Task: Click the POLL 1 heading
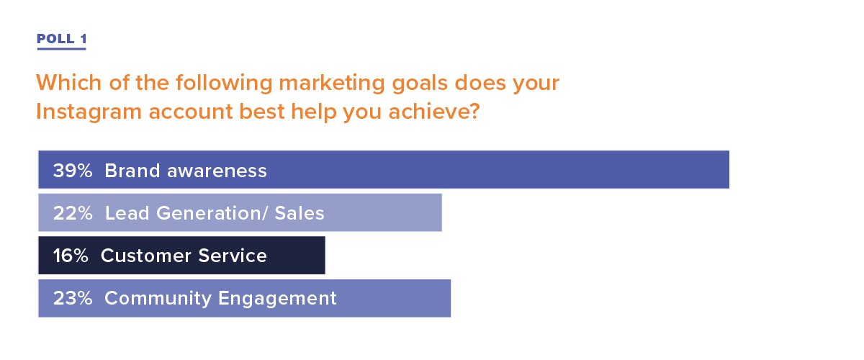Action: point(62,39)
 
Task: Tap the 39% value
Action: point(73,171)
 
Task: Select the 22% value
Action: point(73,213)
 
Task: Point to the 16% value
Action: point(71,256)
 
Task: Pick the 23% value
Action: point(73,298)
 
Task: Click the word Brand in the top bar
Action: point(132,171)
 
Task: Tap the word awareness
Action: point(217,171)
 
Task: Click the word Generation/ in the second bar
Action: point(212,213)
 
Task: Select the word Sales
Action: point(300,213)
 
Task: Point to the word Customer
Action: point(146,256)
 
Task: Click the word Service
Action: point(233,256)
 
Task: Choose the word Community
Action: point(158,299)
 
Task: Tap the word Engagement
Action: point(277,299)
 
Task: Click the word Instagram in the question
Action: point(89,112)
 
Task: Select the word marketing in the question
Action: point(332,84)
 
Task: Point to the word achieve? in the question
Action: point(434,111)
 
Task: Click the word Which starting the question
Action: point(69,83)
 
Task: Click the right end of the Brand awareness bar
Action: point(729,169)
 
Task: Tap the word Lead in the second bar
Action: point(127,213)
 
